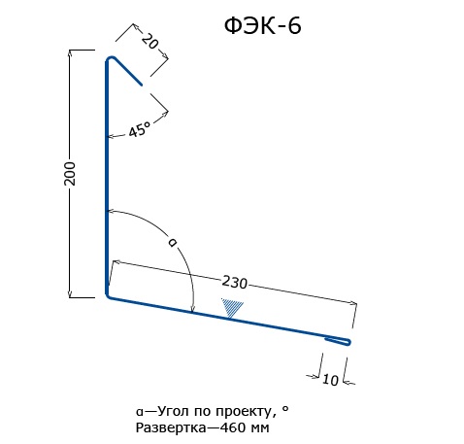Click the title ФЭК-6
tap(263, 26)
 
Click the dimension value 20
tap(150, 41)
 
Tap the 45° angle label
tap(140, 129)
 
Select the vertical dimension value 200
tap(70, 174)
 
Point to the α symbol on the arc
tap(173, 242)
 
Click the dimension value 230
tap(235, 282)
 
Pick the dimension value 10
tap(330, 380)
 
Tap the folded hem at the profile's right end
tap(338, 341)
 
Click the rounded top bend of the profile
tap(110, 59)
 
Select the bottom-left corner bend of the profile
tap(108, 295)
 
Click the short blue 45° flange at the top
tap(128, 71)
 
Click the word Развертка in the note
tap(171, 427)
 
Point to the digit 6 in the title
tap(294, 26)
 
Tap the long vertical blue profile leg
tap(107, 178)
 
